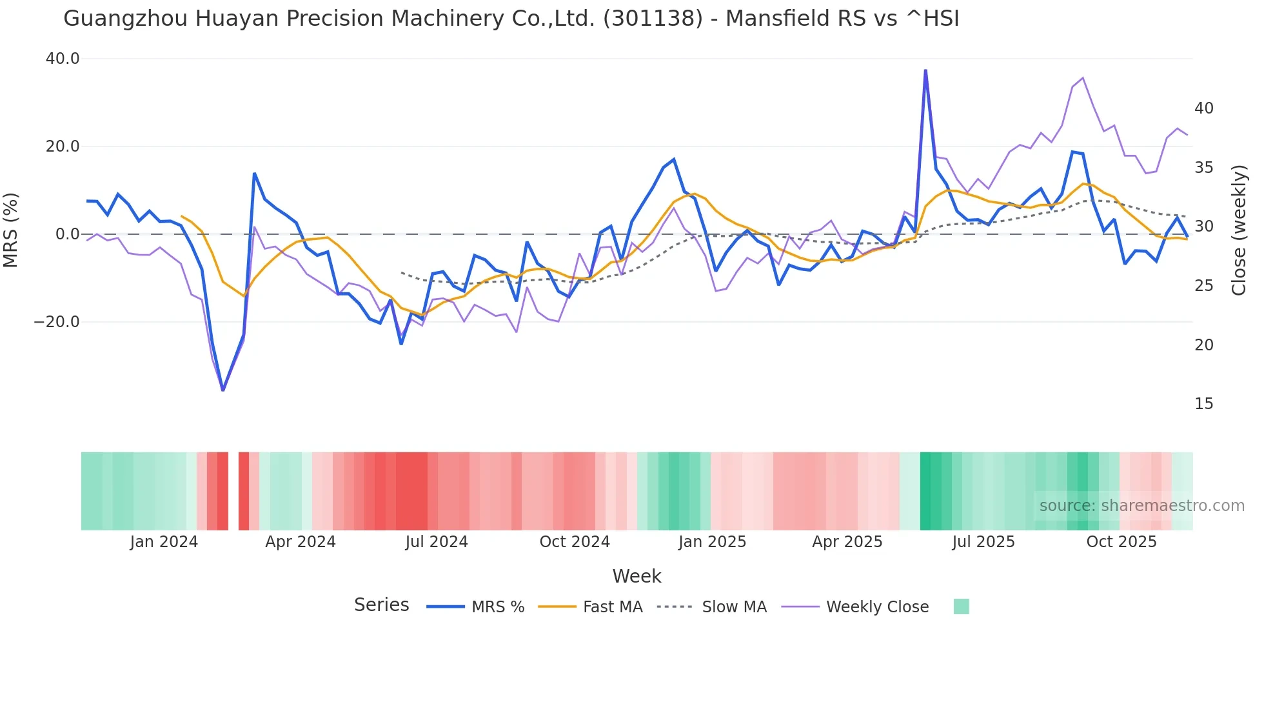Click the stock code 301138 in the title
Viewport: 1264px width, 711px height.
(653, 18)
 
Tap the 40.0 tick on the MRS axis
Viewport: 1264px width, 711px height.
(63, 59)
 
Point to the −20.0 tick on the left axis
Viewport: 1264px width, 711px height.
(57, 321)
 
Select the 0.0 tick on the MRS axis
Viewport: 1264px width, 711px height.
(68, 234)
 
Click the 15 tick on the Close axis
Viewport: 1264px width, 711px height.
(1203, 404)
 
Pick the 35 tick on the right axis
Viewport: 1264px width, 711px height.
(1203, 168)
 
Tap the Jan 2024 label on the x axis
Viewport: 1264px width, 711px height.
(164, 542)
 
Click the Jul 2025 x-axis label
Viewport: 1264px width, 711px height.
(983, 542)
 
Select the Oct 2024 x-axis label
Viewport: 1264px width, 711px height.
(575, 542)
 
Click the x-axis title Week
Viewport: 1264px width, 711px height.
(637, 576)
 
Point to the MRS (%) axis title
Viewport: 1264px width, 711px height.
(11, 230)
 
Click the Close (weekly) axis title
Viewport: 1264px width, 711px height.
(1239, 230)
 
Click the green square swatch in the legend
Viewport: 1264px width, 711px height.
(961, 606)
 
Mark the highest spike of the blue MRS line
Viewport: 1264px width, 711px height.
(925, 70)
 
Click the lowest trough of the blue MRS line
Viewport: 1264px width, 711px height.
(223, 390)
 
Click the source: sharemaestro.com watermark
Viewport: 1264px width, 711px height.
(1141, 506)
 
